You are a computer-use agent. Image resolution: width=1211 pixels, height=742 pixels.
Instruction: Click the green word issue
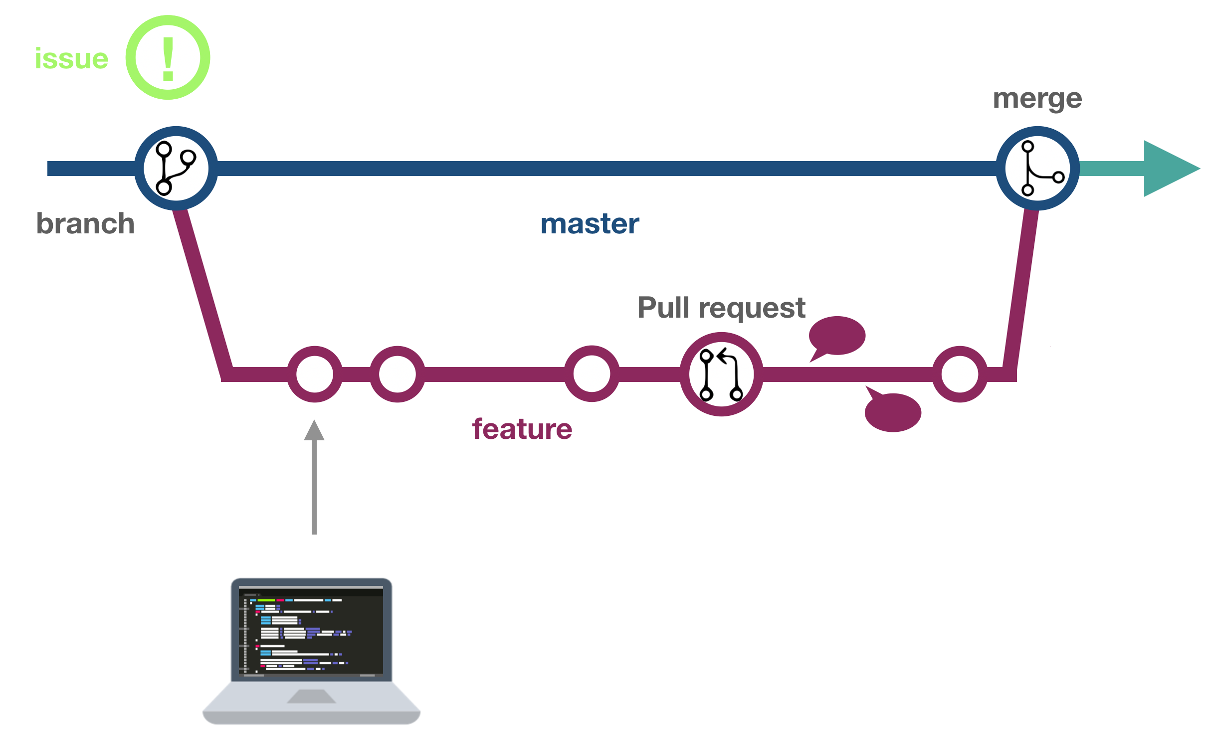(71, 59)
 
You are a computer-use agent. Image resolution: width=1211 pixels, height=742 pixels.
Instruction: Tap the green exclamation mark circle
(168, 58)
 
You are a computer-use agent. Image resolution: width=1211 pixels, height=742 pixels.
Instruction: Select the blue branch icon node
(176, 169)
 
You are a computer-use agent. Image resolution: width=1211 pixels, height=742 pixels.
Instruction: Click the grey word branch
(85, 223)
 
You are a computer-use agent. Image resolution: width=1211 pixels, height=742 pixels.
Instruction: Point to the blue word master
(590, 224)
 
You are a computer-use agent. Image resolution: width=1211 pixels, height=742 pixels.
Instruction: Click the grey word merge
(1037, 99)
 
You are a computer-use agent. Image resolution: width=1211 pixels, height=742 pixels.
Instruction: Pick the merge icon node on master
(1037, 169)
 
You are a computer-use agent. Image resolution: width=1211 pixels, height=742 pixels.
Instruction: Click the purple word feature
(522, 429)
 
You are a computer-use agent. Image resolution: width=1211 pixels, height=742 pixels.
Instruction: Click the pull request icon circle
(721, 374)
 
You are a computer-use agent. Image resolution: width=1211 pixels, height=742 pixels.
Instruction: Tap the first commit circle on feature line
(315, 374)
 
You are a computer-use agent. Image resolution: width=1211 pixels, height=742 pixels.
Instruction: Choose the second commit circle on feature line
(398, 374)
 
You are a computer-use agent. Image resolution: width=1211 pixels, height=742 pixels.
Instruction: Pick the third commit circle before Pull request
(592, 374)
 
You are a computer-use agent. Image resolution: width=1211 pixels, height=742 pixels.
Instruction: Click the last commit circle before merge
(960, 374)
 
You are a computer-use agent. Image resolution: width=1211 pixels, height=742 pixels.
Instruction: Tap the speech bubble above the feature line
(837, 336)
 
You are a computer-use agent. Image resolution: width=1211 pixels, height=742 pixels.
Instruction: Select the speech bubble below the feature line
(893, 412)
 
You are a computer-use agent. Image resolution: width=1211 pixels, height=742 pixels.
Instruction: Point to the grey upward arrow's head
(314, 431)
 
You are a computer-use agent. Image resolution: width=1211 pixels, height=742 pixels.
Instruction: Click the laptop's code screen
(311, 631)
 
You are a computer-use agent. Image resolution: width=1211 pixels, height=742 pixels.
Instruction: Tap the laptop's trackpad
(312, 696)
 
